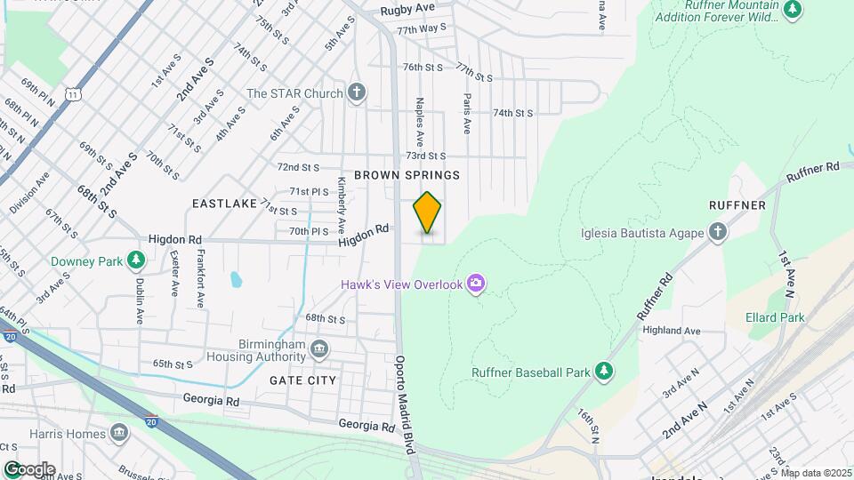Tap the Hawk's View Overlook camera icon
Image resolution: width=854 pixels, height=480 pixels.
click(477, 284)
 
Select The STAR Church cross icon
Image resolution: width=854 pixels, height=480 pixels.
click(357, 92)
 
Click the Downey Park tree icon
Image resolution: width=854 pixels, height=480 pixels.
click(135, 260)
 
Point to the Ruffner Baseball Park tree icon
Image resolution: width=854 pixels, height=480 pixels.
click(604, 370)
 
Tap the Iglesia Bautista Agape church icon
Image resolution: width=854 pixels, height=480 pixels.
click(718, 233)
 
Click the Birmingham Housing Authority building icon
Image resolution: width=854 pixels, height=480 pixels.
click(319, 348)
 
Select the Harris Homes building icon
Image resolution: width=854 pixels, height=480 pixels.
click(118, 434)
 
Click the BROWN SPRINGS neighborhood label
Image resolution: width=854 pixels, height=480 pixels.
click(407, 175)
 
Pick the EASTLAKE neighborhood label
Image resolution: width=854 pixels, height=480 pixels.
click(224, 204)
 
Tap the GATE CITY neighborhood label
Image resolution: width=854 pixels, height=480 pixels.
click(302, 380)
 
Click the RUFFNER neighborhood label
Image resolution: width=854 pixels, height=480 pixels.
click(737, 205)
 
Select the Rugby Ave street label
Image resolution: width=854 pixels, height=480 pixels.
click(407, 10)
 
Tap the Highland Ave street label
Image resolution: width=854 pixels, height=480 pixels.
click(672, 331)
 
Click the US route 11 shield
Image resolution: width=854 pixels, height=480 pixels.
click(70, 92)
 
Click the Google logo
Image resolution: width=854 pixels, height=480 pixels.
click(29, 468)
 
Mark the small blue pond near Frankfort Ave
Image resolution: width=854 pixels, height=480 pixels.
click(236, 280)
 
